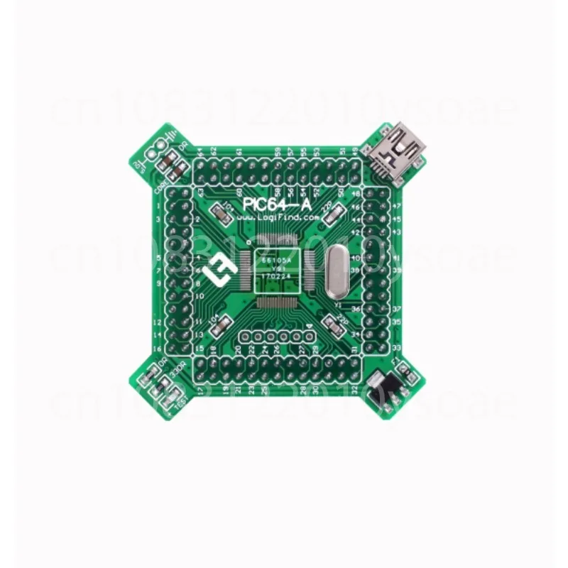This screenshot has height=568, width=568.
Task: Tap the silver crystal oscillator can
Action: point(336,268)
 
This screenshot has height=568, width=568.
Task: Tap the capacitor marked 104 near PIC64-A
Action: point(224,210)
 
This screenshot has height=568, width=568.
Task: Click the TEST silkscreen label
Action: point(178,400)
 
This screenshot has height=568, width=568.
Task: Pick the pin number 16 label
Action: point(201,351)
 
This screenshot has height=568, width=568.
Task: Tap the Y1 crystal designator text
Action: point(338,305)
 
